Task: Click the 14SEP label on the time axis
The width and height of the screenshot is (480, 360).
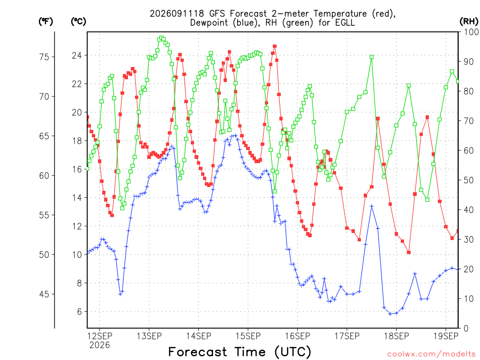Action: [198, 336]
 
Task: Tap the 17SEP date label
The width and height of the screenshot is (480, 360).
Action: [347, 336]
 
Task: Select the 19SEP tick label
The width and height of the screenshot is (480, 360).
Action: [446, 336]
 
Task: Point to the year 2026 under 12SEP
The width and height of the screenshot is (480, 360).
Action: [99, 345]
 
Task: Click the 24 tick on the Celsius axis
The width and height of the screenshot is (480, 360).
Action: [77, 55]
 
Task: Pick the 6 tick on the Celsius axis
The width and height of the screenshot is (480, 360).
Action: [80, 312]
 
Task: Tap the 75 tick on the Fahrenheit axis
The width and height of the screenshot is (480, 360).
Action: [44, 57]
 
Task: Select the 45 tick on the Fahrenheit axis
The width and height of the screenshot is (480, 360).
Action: [44, 294]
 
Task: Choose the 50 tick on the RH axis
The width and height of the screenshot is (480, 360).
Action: [469, 180]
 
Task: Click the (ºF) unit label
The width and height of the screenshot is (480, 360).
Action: [45, 22]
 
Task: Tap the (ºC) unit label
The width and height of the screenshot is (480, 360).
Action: [78, 22]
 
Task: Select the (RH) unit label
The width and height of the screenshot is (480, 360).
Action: [469, 22]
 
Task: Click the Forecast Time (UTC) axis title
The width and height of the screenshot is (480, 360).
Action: [240, 352]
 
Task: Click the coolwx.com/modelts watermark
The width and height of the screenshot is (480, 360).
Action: [431, 354]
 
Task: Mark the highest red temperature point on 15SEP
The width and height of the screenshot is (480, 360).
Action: [275, 46]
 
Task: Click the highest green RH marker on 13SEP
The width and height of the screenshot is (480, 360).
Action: [161, 38]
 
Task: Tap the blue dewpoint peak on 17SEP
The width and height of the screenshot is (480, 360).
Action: [372, 206]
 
